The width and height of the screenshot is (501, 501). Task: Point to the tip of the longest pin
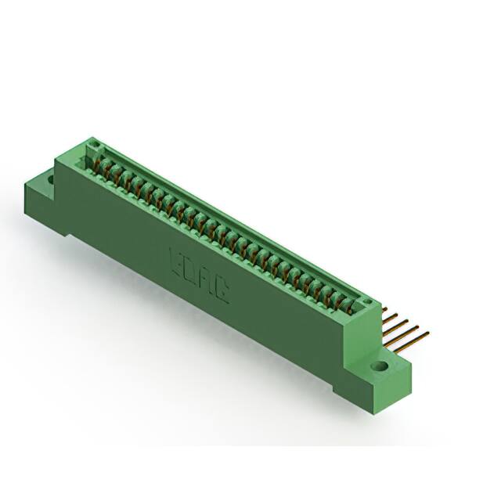coord(427,333)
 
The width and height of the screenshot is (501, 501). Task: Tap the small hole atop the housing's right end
coord(365,299)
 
